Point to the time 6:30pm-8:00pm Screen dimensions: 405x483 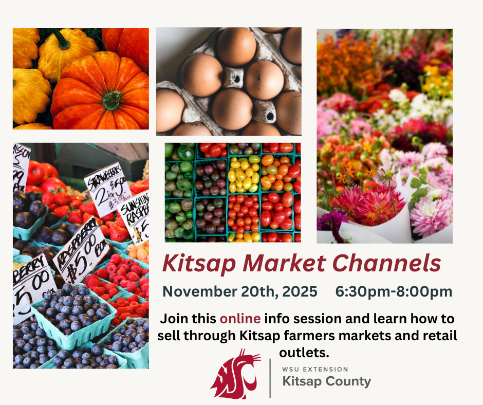click(394, 291)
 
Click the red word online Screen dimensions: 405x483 click(240, 319)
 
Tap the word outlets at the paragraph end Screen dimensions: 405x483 click(303, 353)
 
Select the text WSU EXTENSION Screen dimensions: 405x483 click(315, 369)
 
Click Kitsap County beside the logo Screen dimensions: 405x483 click(326, 382)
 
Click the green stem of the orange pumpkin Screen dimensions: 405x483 click(112, 99)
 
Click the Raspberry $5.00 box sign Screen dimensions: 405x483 click(80, 249)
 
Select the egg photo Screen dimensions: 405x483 click(229, 81)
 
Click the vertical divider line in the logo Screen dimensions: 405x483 click(270, 378)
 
